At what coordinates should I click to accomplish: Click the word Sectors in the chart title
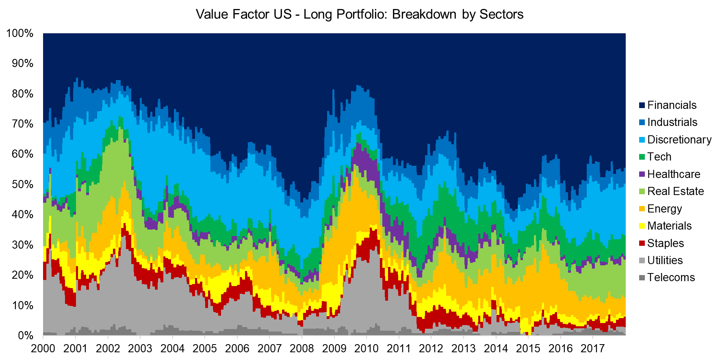(x=501, y=14)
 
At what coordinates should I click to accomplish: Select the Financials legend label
(x=672, y=105)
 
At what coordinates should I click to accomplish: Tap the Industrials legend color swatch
(x=642, y=122)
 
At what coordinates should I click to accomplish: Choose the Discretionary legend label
(x=679, y=140)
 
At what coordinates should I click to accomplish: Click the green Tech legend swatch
(x=642, y=157)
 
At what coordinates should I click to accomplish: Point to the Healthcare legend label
(x=674, y=174)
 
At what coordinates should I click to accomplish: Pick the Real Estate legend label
(x=675, y=191)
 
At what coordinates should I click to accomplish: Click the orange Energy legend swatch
(x=642, y=209)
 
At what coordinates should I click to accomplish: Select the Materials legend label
(x=669, y=226)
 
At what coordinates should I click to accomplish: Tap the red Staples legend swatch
(x=642, y=243)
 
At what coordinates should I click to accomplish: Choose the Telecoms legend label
(x=671, y=278)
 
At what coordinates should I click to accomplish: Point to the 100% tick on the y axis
(x=20, y=33)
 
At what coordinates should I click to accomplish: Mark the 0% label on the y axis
(x=25, y=336)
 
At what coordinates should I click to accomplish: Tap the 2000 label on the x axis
(x=43, y=349)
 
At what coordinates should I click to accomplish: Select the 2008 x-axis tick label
(x=302, y=349)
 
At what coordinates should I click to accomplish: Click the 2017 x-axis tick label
(x=593, y=349)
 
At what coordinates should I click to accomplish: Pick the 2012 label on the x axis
(x=431, y=349)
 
